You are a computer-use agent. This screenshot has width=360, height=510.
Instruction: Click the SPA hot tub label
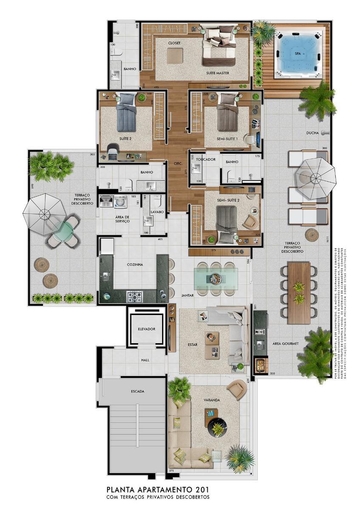[298, 54]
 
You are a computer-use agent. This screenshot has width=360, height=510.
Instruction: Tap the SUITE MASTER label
[218, 73]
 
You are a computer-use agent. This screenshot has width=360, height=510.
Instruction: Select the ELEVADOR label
[146, 329]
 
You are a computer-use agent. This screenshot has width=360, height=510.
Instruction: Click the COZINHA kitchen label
[135, 264]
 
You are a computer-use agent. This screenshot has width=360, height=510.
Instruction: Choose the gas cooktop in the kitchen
[135, 296]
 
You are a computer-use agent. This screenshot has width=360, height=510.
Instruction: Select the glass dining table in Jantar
[215, 278]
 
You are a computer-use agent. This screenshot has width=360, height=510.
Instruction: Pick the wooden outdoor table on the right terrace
[299, 292]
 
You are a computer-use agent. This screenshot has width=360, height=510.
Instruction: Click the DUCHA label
[312, 133]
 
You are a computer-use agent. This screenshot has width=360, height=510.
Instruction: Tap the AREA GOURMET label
[286, 343]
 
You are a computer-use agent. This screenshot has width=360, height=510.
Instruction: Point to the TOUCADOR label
[206, 159]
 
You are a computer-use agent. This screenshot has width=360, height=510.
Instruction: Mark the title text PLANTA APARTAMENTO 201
[158, 490]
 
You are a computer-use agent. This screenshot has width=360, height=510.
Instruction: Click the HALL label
[145, 360]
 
